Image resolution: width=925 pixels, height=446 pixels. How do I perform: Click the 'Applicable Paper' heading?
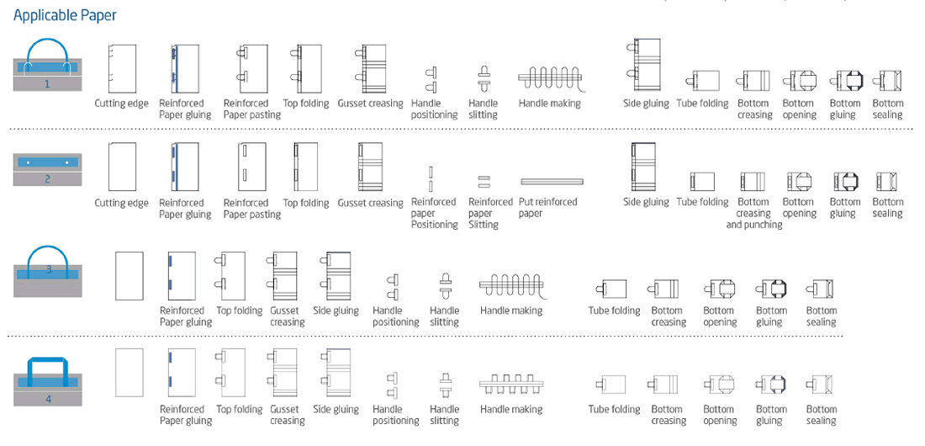coord(65,15)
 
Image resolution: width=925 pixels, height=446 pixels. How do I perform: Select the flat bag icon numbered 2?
coord(48,169)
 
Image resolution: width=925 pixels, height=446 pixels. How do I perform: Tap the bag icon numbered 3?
coord(48,272)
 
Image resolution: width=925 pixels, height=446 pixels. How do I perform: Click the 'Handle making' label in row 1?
coord(550,104)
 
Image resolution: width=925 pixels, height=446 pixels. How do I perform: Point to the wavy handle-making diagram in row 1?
coord(551,78)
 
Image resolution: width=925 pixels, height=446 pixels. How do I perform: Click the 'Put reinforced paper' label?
coord(548,207)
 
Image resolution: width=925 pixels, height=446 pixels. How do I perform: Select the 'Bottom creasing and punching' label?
coord(754,213)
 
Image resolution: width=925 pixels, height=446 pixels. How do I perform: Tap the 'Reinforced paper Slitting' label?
coord(491,213)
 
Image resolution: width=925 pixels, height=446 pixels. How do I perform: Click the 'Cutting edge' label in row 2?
coord(122,203)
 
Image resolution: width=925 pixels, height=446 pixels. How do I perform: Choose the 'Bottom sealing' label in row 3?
coord(822,316)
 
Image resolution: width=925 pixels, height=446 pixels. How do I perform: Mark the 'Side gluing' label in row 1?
coord(646,104)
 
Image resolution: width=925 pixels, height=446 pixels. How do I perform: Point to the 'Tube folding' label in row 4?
coord(614,409)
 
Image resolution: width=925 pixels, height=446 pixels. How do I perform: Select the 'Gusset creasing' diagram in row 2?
coord(371,167)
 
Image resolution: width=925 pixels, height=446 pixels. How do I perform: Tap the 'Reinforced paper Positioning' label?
coord(435,213)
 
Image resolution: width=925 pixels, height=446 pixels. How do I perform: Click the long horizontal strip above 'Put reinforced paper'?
coord(552,182)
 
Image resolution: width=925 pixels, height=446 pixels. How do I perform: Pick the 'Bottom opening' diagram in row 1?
coord(799,80)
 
